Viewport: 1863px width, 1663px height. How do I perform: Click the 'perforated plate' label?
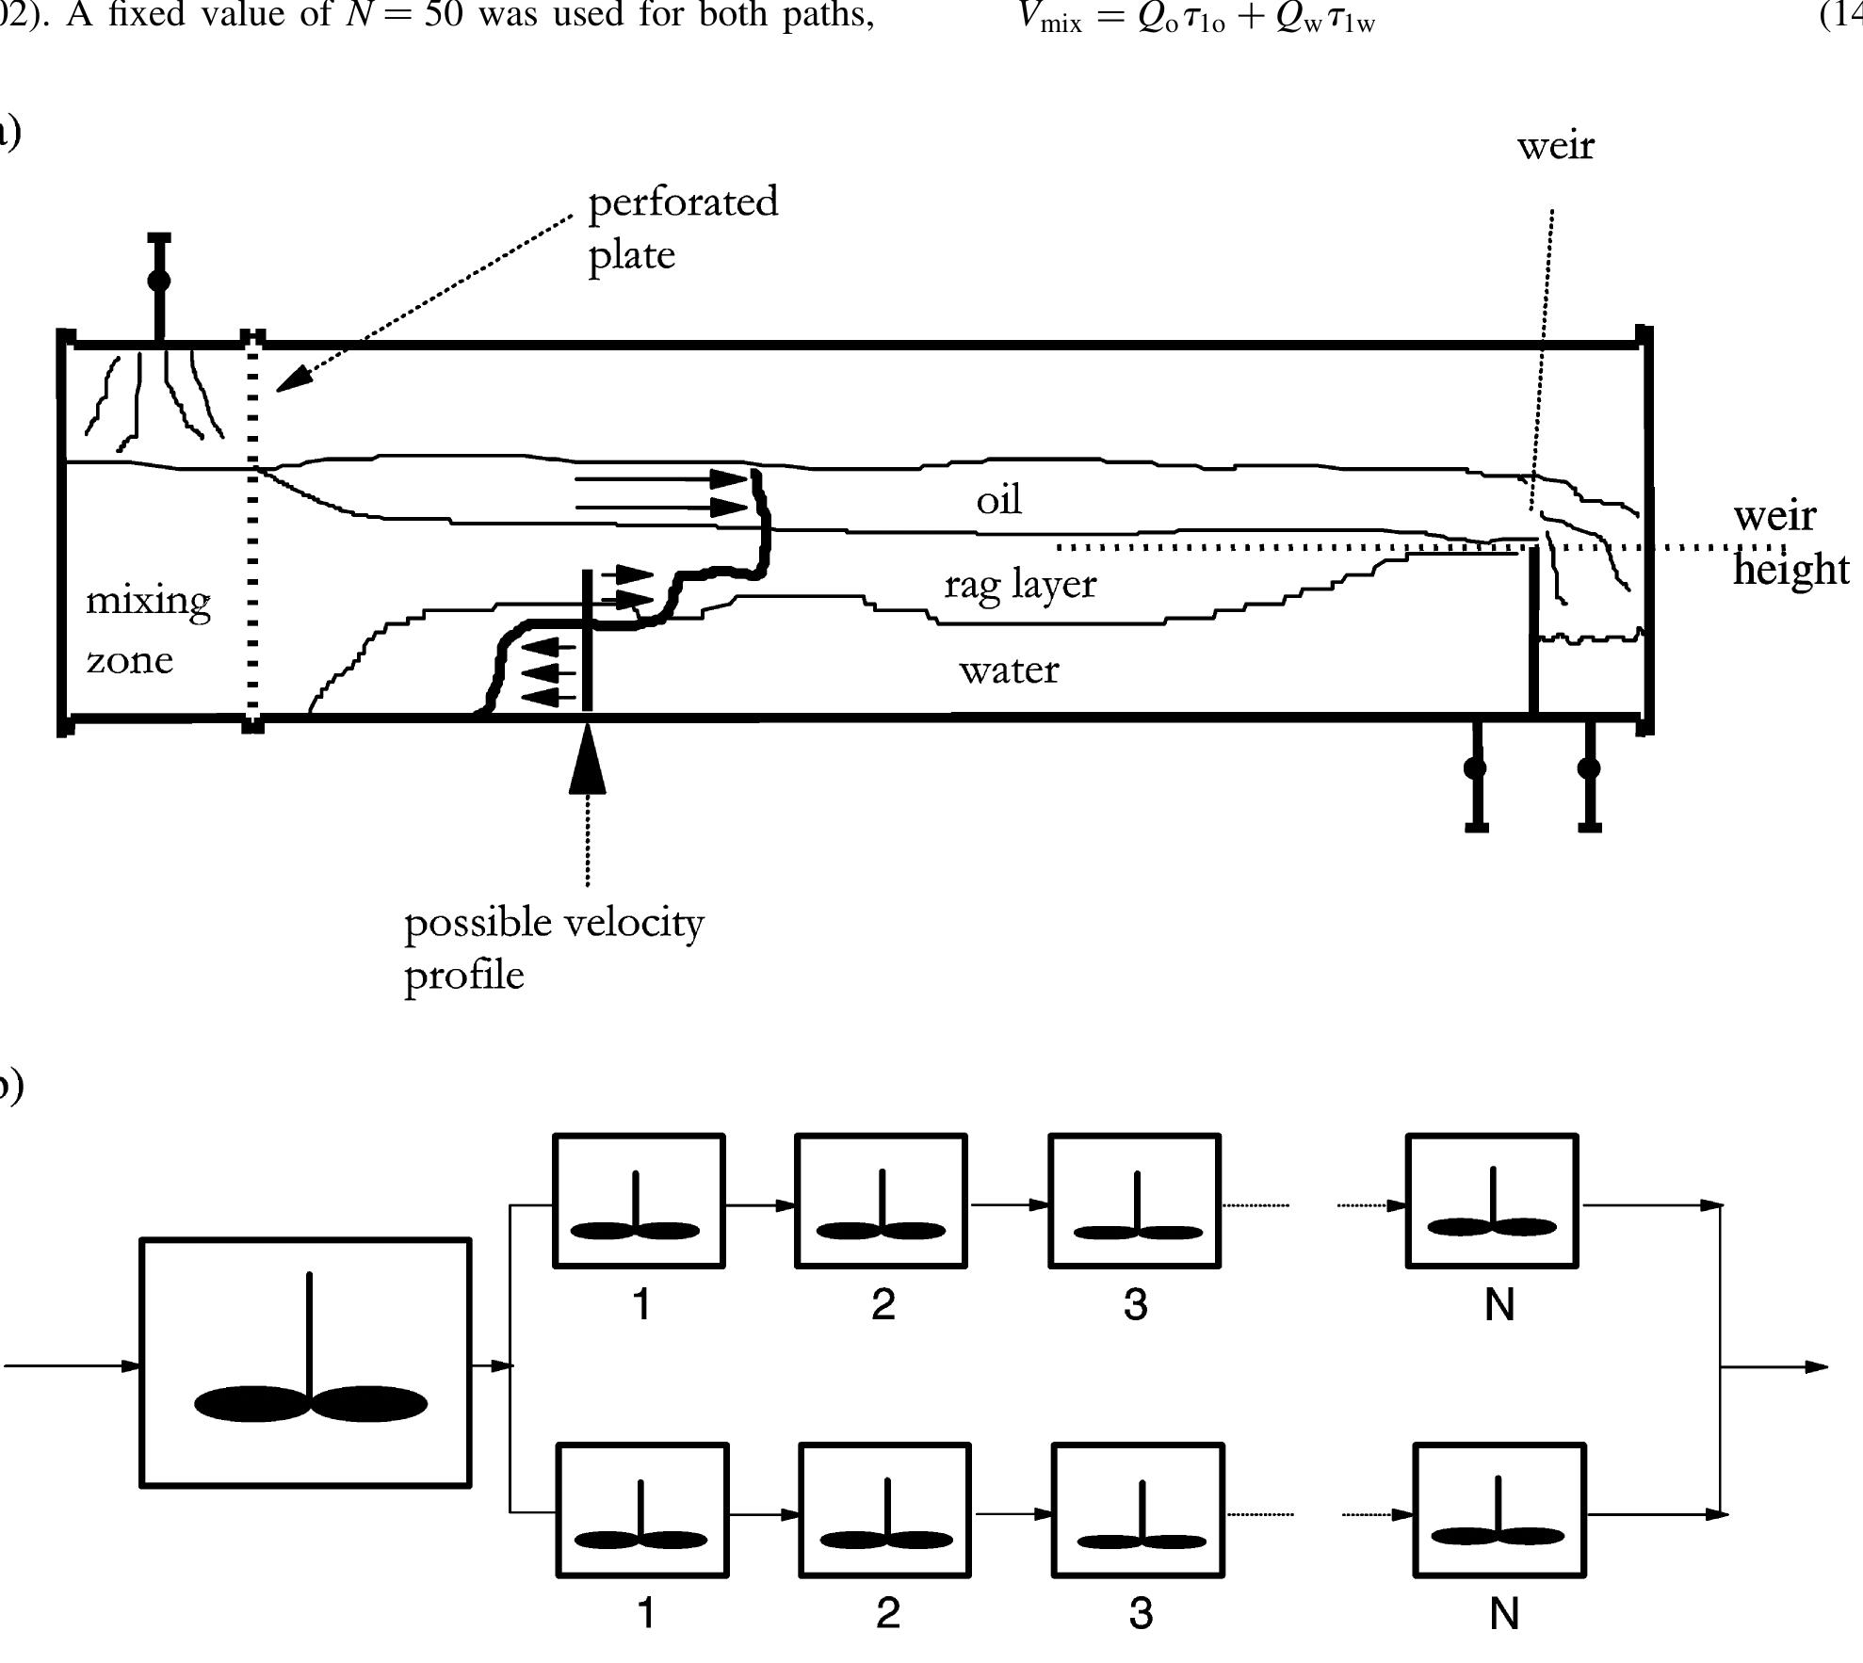pyautogui.click(x=682, y=228)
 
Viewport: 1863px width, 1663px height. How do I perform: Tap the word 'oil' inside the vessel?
pyautogui.click(x=998, y=500)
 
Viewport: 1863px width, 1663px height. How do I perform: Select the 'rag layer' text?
pyautogui.click(x=1020, y=585)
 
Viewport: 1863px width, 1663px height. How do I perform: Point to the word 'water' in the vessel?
pyautogui.click(x=1009, y=670)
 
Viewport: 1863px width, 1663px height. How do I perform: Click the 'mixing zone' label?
pyautogui.click(x=148, y=629)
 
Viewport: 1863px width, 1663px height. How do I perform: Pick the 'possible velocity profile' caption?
pyautogui.click(x=553, y=947)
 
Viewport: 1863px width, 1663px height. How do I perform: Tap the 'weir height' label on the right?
pyautogui.click(x=1790, y=542)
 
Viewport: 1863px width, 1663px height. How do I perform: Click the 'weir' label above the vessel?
pyautogui.click(x=1555, y=146)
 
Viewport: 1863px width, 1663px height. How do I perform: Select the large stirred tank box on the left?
pyautogui.click(x=305, y=1363)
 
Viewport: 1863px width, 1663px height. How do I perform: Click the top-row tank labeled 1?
pyautogui.click(x=639, y=1201)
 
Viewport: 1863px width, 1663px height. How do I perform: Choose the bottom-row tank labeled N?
pyautogui.click(x=1499, y=1510)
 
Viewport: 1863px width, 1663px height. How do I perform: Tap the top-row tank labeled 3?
pyautogui.click(x=1135, y=1201)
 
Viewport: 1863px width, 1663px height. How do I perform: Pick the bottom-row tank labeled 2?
pyautogui.click(x=884, y=1510)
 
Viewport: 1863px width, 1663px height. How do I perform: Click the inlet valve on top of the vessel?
pyautogui.click(x=159, y=281)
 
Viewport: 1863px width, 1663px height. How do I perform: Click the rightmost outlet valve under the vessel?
pyautogui.click(x=1589, y=768)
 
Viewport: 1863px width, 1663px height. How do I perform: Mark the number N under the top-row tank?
pyautogui.click(x=1499, y=1304)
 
